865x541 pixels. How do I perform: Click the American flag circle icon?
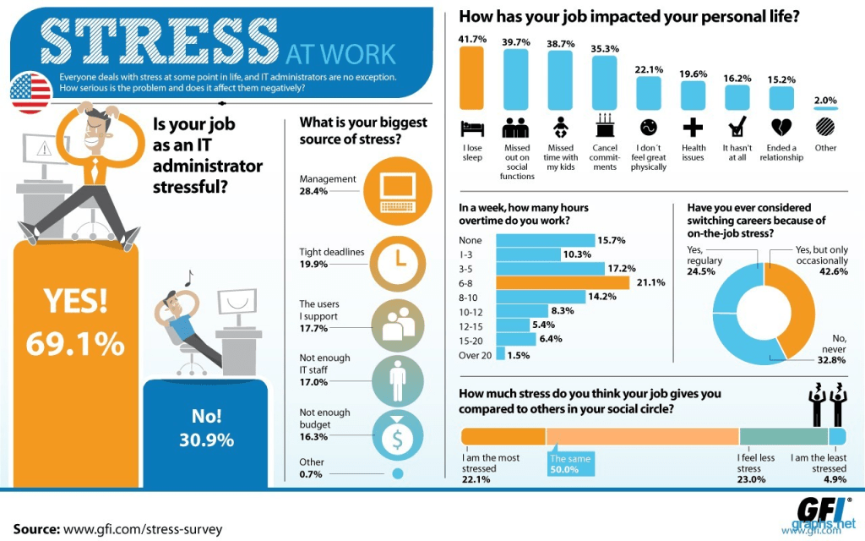click(31, 91)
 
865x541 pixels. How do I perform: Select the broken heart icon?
click(781, 128)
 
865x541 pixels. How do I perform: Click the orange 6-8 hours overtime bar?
click(562, 282)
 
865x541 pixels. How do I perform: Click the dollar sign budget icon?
click(397, 438)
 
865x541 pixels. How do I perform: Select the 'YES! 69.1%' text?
click(74, 322)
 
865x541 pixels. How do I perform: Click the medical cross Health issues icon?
click(693, 128)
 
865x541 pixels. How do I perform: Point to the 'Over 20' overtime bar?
click(500, 355)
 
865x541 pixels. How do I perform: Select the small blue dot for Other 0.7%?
click(397, 474)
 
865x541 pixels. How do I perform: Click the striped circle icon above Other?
click(825, 128)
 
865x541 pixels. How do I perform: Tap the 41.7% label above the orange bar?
click(471, 39)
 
